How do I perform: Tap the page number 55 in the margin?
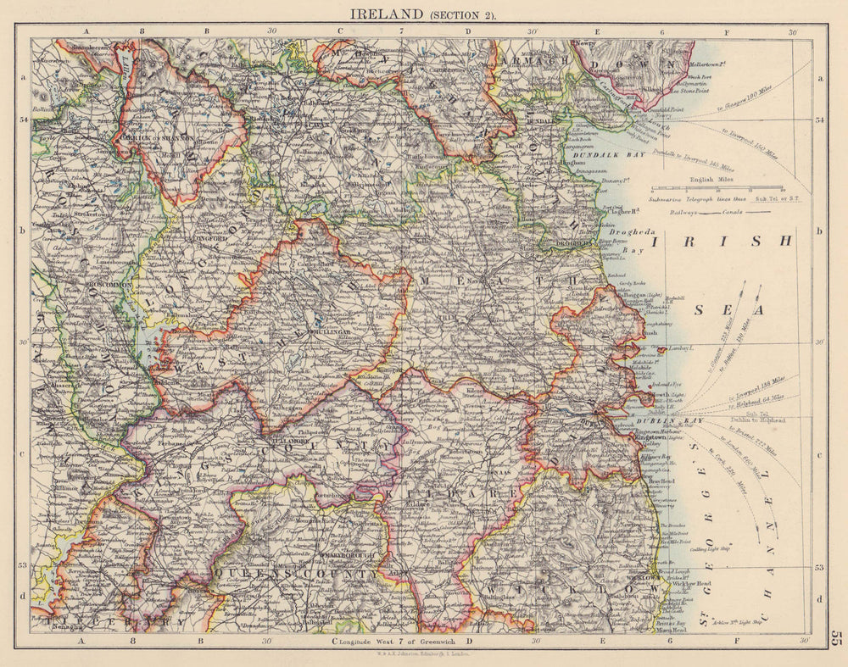point(837,640)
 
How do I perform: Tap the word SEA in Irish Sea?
point(728,310)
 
